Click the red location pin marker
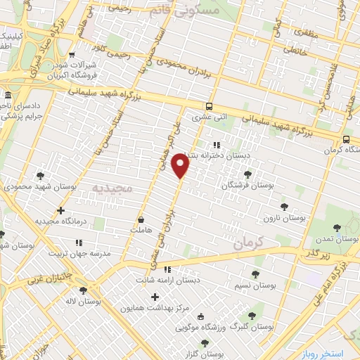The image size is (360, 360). point(181,166)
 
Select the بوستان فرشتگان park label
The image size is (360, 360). point(246,186)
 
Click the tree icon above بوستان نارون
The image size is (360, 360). point(283,207)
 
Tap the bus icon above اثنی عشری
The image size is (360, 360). point(208,107)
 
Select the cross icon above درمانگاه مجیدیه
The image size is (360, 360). point(61,210)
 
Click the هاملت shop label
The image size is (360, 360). point(141,230)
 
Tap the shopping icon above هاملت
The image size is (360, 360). point(141,219)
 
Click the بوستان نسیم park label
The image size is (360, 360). point(255,287)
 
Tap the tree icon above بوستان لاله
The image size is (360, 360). point(84,290)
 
